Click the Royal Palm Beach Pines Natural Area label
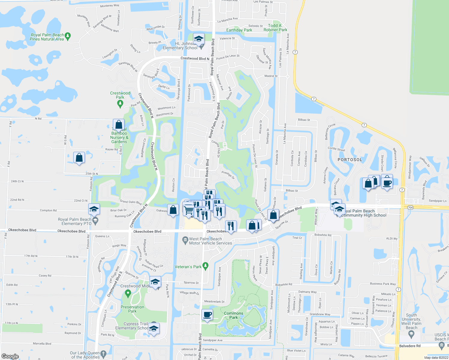pos(47,37)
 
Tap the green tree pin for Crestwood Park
pos(120,103)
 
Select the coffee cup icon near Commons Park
pos(207,315)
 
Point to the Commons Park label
pos(234,315)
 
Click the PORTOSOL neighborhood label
pos(350,160)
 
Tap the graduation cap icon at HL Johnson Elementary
pos(198,39)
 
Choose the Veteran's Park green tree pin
pos(205,265)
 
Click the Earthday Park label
pos(239,30)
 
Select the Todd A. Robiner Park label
pos(275,28)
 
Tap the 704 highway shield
pos(410,207)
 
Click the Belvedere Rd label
pos(410,346)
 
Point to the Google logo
pos(10,356)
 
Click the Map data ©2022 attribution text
pos(436,358)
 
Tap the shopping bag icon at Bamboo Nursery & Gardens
pos(119,124)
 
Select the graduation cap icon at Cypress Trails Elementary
pos(154,328)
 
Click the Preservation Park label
pos(132,309)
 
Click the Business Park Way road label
pos(383,284)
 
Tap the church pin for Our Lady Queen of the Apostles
pos(103,353)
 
